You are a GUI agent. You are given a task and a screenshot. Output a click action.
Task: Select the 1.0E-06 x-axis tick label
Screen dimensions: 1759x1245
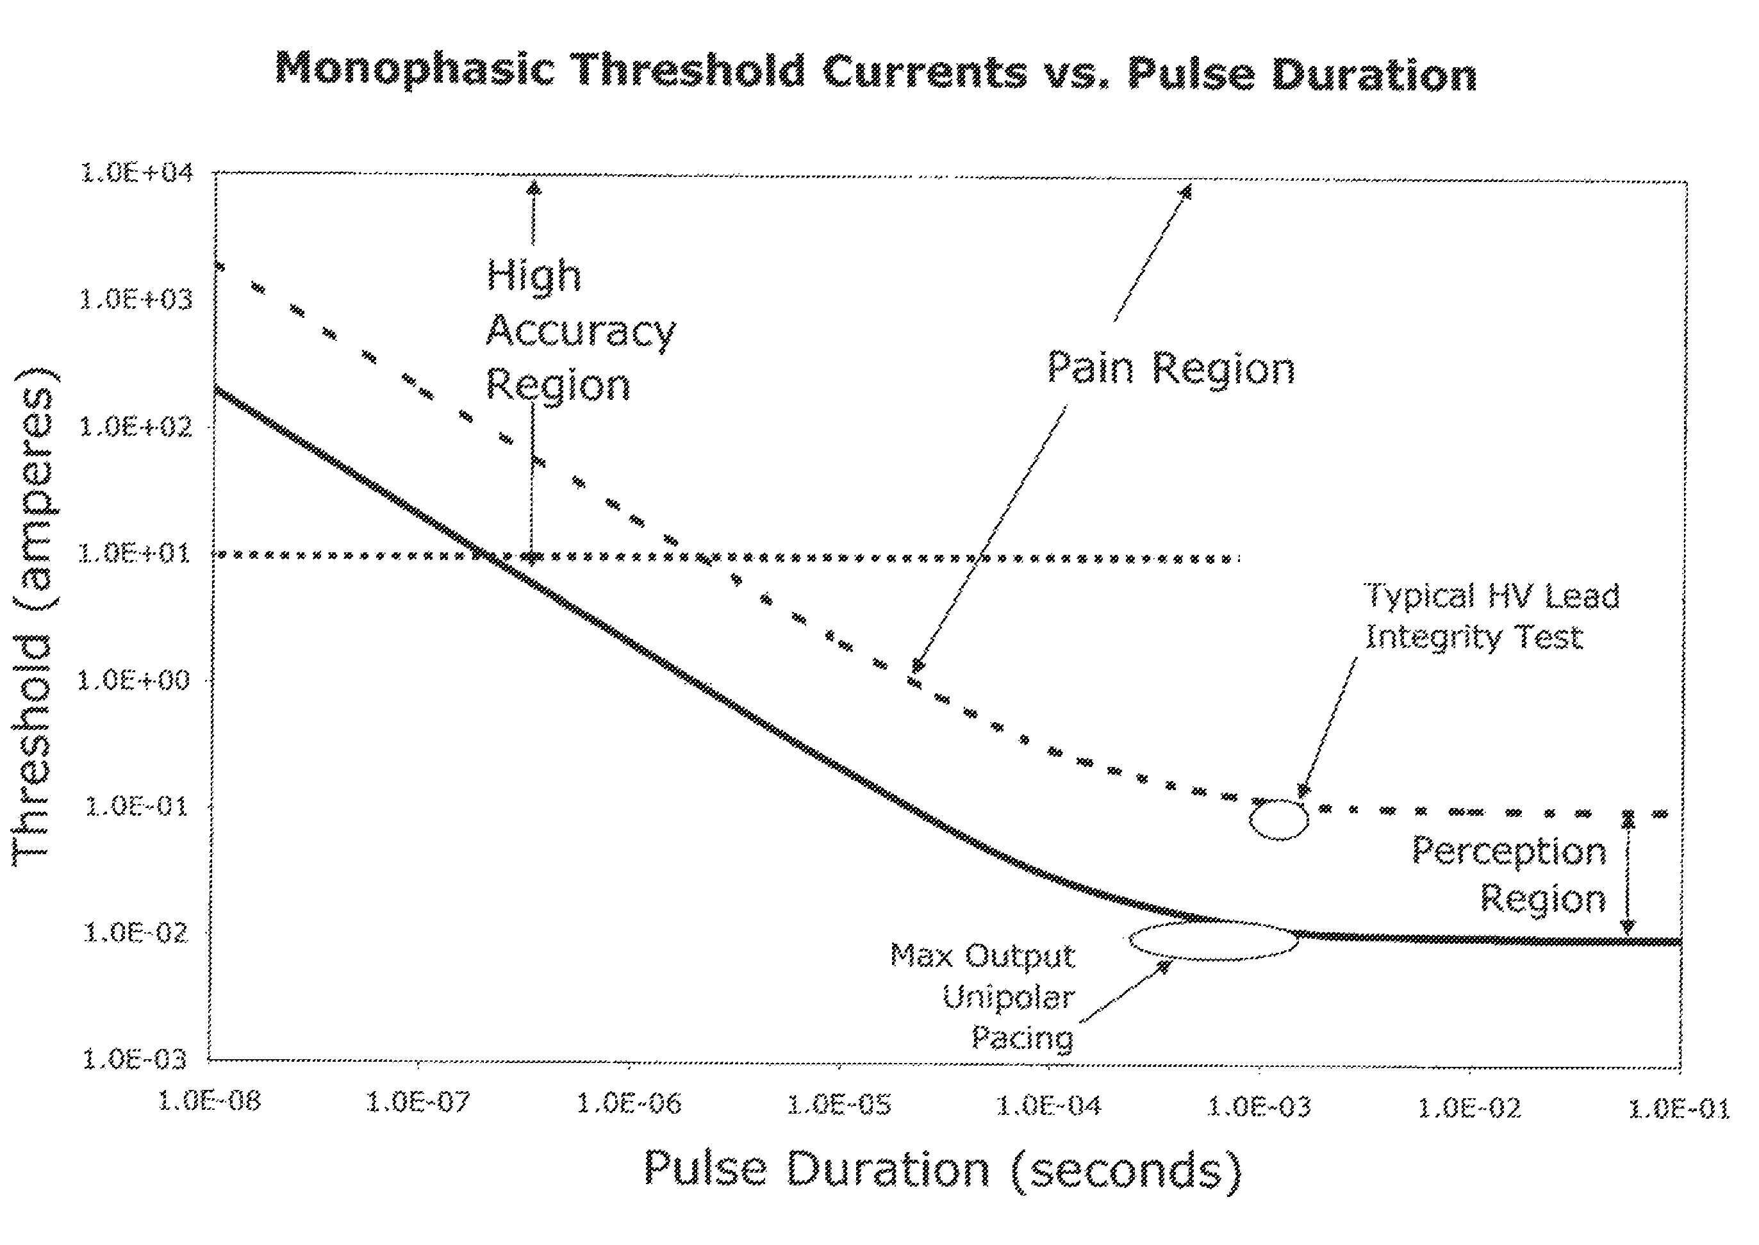pyautogui.click(x=629, y=1104)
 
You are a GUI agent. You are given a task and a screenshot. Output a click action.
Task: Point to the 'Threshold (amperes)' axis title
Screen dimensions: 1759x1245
pyautogui.click(x=34, y=617)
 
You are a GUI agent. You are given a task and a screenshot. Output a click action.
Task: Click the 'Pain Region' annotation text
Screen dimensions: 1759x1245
pyautogui.click(x=1171, y=368)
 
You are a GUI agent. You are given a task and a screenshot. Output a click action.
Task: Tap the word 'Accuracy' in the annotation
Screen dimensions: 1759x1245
pyautogui.click(x=581, y=332)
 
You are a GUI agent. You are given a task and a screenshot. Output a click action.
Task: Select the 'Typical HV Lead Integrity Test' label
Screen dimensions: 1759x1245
pyautogui.click(x=1492, y=617)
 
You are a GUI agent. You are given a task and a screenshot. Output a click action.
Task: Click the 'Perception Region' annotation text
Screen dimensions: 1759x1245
pyautogui.click(x=1508, y=875)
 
